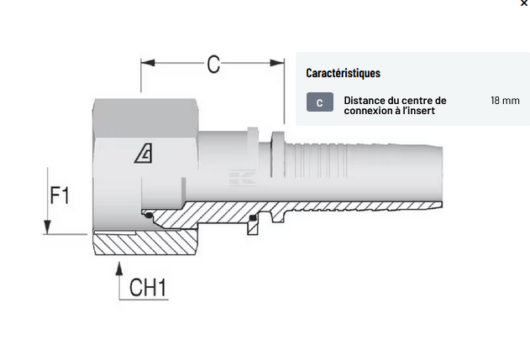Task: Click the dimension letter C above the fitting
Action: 213,63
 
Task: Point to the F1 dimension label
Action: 59,196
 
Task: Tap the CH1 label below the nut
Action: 148,288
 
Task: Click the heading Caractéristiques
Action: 343,73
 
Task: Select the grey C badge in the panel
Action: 319,103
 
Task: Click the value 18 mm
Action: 505,101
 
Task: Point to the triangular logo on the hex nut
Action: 144,153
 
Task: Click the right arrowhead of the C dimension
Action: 280,62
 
